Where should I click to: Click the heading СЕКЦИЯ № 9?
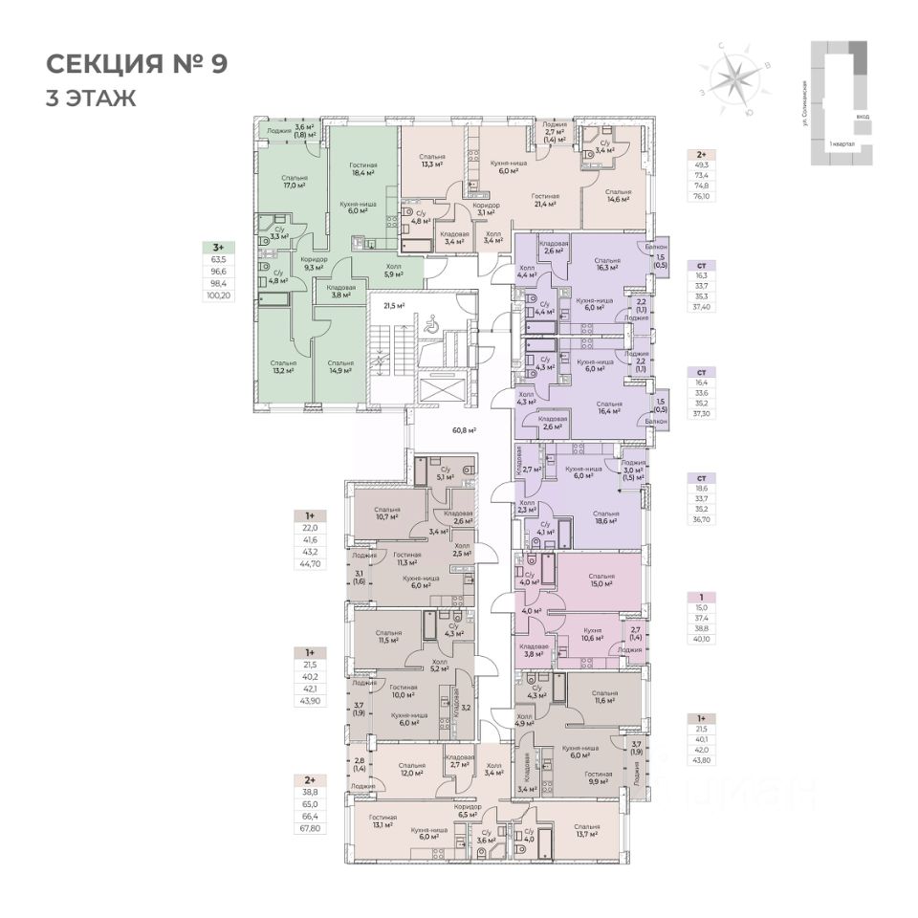(x=138, y=65)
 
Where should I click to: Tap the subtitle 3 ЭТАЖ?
(x=91, y=98)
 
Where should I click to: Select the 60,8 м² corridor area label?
(x=464, y=431)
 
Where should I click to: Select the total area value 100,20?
(x=218, y=295)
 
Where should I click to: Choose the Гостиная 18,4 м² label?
(x=361, y=169)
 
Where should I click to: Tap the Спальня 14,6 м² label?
(x=619, y=196)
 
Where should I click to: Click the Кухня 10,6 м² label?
(x=593, y=635)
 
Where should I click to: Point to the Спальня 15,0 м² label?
(x=601, y=579)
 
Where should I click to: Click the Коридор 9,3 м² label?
(x=314, y=263)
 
